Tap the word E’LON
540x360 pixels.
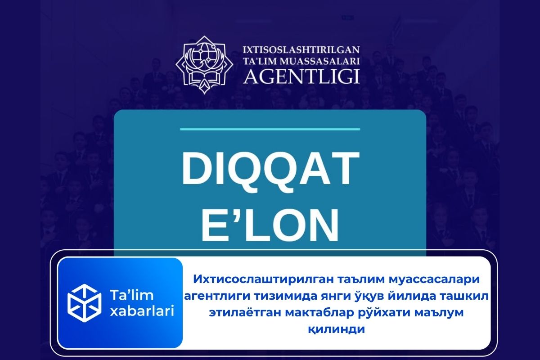point(270,225)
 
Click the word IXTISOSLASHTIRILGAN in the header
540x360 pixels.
point(301,50)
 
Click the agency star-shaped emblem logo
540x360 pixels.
point(204,65)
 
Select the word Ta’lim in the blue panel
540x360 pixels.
point(131,295)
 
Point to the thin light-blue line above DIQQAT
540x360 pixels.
point(270,130)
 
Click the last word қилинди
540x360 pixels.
point(336,329)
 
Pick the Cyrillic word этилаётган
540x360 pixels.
point(244,313)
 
